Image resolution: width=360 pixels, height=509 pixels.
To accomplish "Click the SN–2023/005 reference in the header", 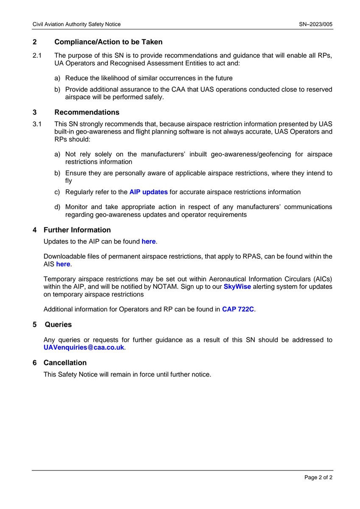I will [315, 24].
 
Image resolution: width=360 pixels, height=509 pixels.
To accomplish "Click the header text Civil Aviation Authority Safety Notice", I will [77, 24].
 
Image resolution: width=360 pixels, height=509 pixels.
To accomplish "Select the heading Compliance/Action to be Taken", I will [108, 42].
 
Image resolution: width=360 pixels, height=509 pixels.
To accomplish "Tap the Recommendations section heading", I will [87, 112].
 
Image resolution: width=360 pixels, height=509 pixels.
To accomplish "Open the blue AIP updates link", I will [148, 192].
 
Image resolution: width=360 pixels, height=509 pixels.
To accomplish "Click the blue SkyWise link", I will [237, 287].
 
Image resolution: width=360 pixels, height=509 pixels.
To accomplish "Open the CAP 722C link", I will [238, 309].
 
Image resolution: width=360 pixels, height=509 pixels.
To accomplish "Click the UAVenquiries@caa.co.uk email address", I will [84, 347].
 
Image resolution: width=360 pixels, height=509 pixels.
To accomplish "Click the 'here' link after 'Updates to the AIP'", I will [148, 241].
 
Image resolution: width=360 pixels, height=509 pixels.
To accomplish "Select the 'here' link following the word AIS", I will [63, 264].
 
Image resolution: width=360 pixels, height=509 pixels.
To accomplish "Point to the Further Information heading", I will [77, 230].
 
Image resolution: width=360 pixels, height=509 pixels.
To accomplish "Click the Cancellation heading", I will [65, 363].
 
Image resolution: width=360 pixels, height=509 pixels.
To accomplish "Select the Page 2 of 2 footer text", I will [318, 478].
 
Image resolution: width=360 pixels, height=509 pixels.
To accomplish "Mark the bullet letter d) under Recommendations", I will [57, 207].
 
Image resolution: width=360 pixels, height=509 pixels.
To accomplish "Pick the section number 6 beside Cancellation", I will [35, 363].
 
